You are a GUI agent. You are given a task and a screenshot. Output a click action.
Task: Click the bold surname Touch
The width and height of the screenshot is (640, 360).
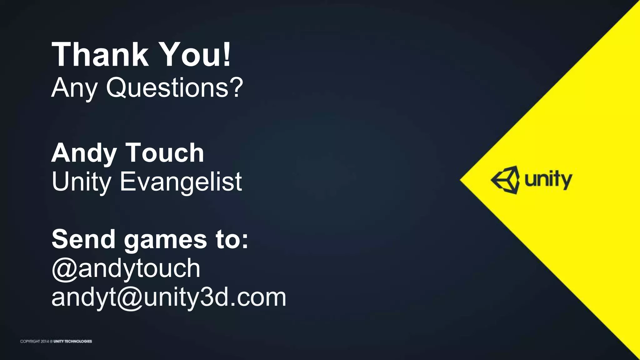pyautogui.click(x=165, y=153)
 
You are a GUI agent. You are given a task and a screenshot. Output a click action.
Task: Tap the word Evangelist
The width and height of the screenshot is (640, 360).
pyautogui.click(x=181, y=182)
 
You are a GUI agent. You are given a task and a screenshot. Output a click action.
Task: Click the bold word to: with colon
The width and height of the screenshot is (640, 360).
pyautogui.click(x=232, y=239)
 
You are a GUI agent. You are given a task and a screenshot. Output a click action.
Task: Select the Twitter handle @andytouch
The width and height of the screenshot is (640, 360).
pyautogui.click(x=126, y=269)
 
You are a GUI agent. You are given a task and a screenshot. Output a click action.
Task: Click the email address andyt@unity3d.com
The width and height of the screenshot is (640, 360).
pyautogui.click(x=169, y=297)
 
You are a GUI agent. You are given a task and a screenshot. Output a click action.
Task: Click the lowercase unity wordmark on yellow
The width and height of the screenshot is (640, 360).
pyautogui.click(x=548, y=181)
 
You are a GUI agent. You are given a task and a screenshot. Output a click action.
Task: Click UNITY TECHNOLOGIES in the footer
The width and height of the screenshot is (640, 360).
pyautogui.click(x=72, y=341)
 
